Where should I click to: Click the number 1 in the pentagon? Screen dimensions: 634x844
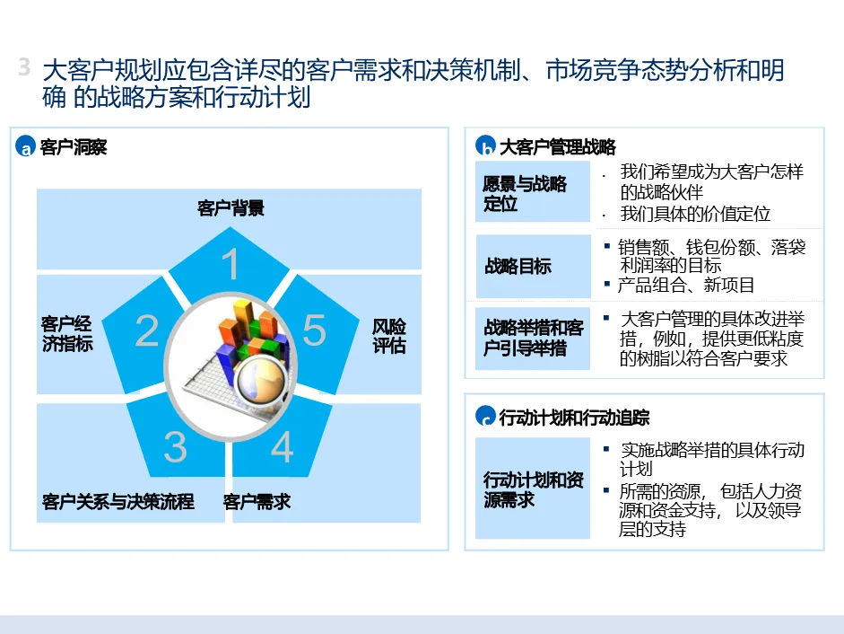231,265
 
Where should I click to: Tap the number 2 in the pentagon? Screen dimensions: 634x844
147,330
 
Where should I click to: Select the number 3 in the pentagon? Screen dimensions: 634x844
175,446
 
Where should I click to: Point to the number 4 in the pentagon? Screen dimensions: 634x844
283,446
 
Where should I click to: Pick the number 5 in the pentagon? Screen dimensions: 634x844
314,330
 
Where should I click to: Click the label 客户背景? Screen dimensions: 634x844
231,208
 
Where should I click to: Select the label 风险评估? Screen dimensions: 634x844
389,334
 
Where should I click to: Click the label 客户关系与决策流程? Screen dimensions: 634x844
118,501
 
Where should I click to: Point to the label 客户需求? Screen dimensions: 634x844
257,501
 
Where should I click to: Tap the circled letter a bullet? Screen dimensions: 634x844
25,148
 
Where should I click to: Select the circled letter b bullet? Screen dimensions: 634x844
485,148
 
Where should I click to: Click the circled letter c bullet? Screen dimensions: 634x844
485,417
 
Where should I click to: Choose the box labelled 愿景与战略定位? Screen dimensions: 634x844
532,193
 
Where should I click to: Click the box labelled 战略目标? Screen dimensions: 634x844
532,266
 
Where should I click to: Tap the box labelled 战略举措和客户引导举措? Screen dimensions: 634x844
532,338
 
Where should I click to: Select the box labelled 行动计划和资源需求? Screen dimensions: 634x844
532,489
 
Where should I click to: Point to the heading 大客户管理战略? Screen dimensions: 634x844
557,147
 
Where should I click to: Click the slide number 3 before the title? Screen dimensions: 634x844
24,68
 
